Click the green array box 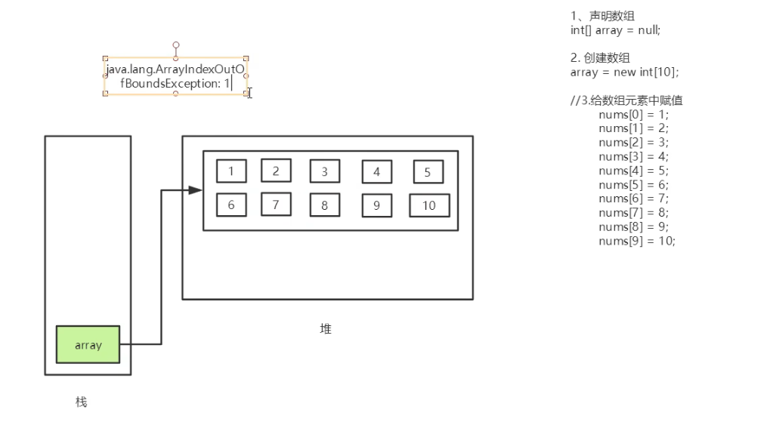tap(88, 344)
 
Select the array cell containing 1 tap(231, 171)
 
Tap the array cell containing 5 tap(428, 172)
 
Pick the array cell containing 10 tap(429, 205)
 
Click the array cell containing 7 tap(276, 204)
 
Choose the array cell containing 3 tap(324, 171)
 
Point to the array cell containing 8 tap(324, 205)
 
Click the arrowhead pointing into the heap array tap(196, 190)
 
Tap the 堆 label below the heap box tap(326, 329)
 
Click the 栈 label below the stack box tap(81, 402)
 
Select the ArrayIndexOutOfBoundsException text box tap(175, 76)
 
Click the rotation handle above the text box tap(176, 45)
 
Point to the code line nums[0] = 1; tap(633, 115)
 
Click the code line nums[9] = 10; tap(636, 241)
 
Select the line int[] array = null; tap(616, 30)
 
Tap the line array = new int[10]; tap(624, 72)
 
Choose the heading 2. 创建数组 tap(600, 58)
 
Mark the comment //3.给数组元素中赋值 tap(626, 100)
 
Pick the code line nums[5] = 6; tap(633, 185)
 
